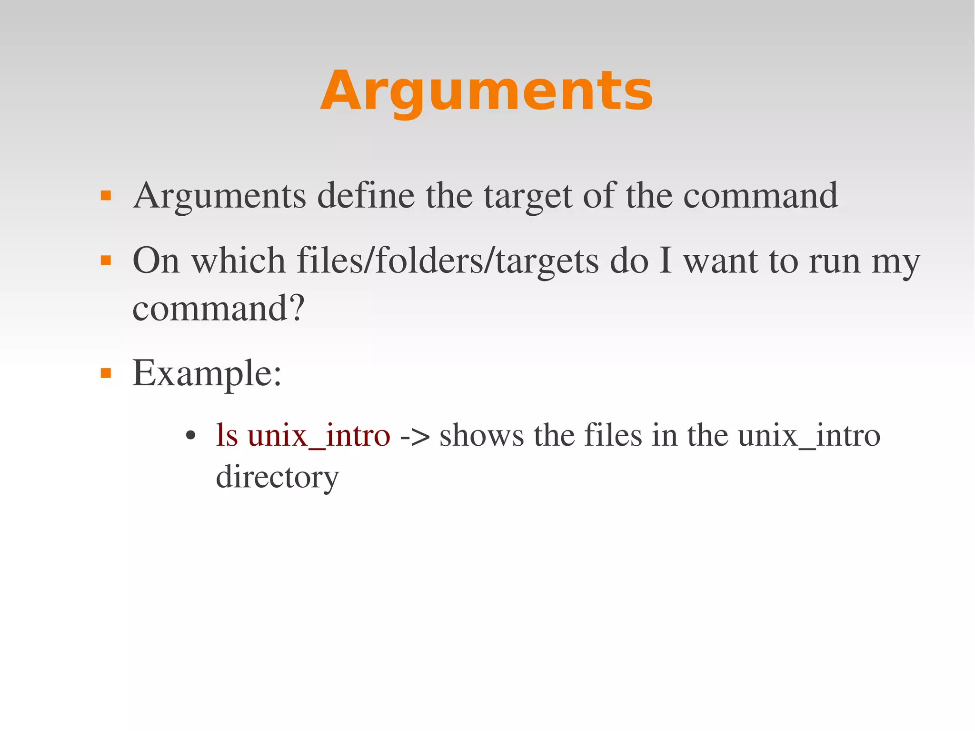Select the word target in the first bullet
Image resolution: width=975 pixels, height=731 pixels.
(527, 196)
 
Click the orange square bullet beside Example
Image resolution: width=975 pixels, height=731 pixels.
(106, 373)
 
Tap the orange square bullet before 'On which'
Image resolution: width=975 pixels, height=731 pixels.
(106, 260)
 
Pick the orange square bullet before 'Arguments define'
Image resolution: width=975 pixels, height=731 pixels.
(106, 195)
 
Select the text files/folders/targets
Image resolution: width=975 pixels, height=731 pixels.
(448, 261)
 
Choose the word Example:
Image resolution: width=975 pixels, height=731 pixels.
(207, 374)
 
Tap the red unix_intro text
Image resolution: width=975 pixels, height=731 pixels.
(319, 436)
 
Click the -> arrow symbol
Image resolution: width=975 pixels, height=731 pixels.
(415, 436)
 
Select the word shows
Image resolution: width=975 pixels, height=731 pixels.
(481, 436)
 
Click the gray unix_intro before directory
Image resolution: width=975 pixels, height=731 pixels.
(809, 436)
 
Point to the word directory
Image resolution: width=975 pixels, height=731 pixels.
(277, 477)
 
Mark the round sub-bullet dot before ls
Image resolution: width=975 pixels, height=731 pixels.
(191, 435)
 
